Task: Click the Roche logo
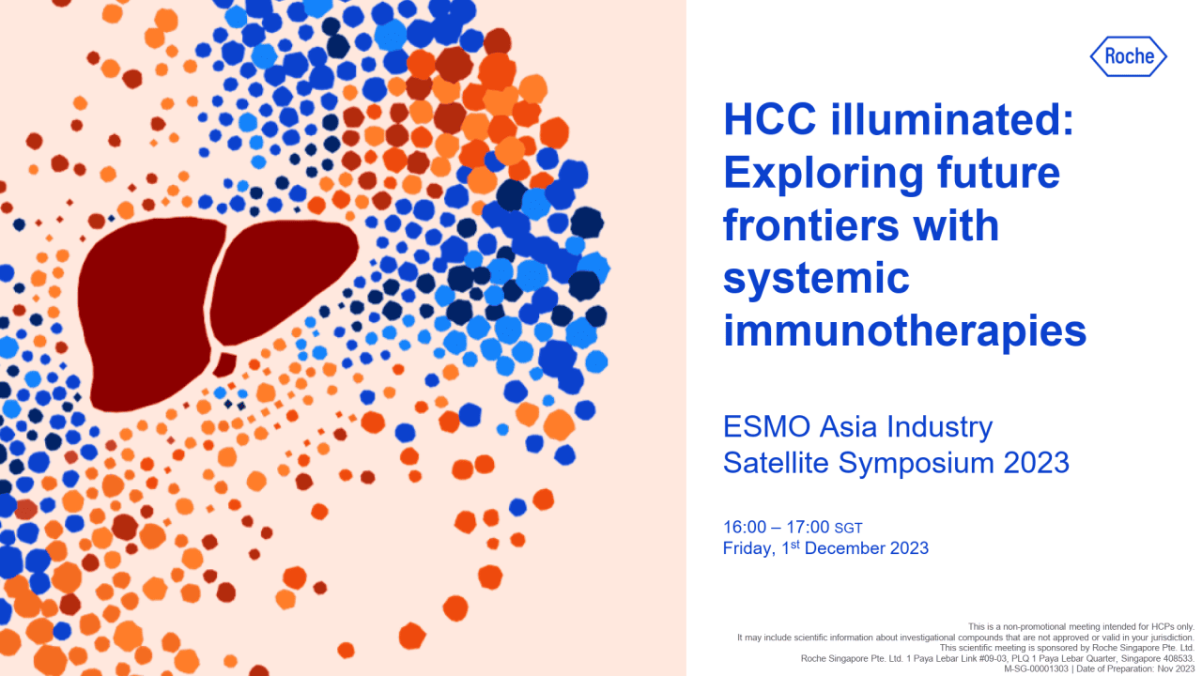1129,56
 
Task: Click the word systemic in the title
817,280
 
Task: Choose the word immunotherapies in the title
904,331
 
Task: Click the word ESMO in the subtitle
759,427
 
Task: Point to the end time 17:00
808,527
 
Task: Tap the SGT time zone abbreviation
848,529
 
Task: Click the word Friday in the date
748,548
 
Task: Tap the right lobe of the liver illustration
282,272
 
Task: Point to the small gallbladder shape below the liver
224,363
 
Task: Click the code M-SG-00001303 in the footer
1038,668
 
